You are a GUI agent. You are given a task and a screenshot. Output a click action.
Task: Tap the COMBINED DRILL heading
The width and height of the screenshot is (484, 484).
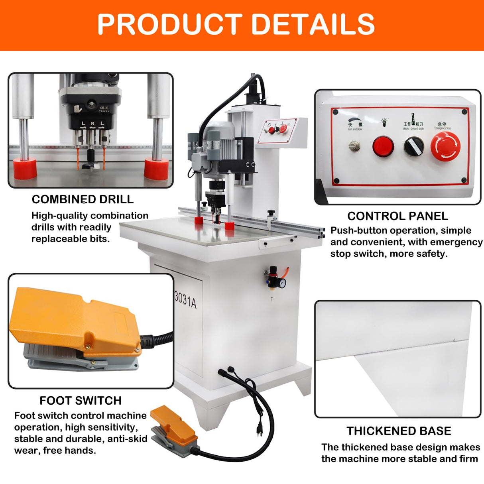[83, 199]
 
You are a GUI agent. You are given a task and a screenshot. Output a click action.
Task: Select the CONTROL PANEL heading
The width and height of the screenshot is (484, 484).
[397, 216]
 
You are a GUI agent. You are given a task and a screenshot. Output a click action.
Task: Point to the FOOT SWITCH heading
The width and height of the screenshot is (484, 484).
[81, 401]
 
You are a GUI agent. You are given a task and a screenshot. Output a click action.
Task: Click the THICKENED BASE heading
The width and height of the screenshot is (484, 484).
[399, 431]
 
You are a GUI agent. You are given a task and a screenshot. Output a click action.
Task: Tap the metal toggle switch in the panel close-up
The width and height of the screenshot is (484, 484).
[354, 146]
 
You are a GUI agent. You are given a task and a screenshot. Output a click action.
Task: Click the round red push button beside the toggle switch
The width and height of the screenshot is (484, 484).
[383, 146]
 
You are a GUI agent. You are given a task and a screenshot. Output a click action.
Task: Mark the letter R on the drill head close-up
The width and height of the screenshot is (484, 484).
[92, 124]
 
